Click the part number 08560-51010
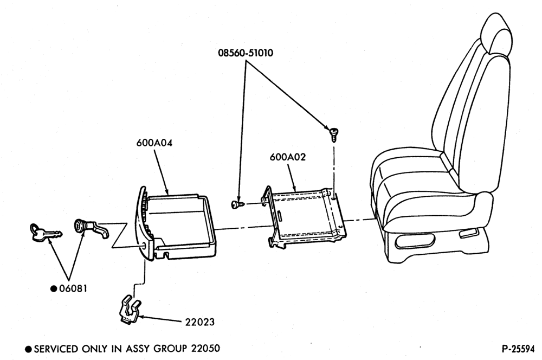(246, 53)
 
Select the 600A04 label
(154, 143)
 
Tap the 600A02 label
(288, 157)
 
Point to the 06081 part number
(73, 288)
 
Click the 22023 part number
(200, 322)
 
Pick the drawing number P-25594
(518, 349)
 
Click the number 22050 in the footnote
(205, 348)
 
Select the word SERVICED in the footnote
(56, 349)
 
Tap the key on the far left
(45, 233)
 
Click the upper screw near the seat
(333, 134)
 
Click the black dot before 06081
(54, 288)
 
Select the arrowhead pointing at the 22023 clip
(143, 317)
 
